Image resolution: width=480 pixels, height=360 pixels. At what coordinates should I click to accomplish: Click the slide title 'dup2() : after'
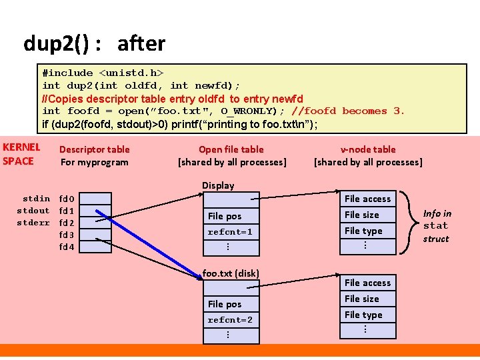coord(94,44)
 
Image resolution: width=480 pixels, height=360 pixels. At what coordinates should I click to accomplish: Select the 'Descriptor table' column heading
coord(95,149)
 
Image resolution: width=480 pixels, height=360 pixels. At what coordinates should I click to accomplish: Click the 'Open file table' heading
coord(231,149)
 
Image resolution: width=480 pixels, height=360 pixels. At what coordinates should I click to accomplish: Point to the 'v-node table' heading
coord(368,149)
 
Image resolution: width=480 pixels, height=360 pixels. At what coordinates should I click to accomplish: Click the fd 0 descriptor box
coord(100,198)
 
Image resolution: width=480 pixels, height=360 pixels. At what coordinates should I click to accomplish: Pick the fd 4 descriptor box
coord(100,247)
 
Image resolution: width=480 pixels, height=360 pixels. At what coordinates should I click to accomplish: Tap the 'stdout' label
coord(33,211)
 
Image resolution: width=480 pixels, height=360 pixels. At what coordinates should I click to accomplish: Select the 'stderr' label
coord(33,223)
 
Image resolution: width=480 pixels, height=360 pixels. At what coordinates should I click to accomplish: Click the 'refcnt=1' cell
coord(230,232)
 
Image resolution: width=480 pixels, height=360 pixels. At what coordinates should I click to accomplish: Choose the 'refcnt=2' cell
coord(230,320)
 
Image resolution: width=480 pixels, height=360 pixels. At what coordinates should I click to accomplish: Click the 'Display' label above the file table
coord(218,185)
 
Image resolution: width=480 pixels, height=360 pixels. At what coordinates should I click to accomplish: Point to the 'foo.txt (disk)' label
coord(231,273)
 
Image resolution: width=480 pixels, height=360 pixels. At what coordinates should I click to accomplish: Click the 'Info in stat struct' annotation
coord(437,226)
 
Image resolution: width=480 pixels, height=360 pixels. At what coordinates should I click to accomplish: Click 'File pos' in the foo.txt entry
coord(225,304)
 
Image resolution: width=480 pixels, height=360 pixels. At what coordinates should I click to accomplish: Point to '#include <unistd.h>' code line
coord(103,73)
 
